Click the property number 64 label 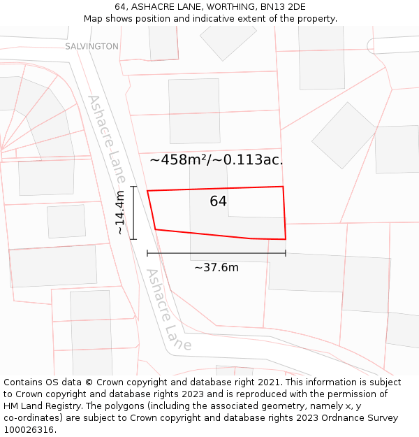(218, 201)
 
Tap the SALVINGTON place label (91, 46)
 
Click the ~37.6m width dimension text (216, 268)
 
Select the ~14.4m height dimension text (120, 213)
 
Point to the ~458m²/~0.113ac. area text (216, 160)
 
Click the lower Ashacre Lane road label (167, 310)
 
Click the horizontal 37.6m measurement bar (216, 253)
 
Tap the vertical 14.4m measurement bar (133, 213)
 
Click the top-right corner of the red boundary (283, 187)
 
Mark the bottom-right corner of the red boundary (286, 239)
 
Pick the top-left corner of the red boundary (147, 190)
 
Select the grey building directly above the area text (194, 110)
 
